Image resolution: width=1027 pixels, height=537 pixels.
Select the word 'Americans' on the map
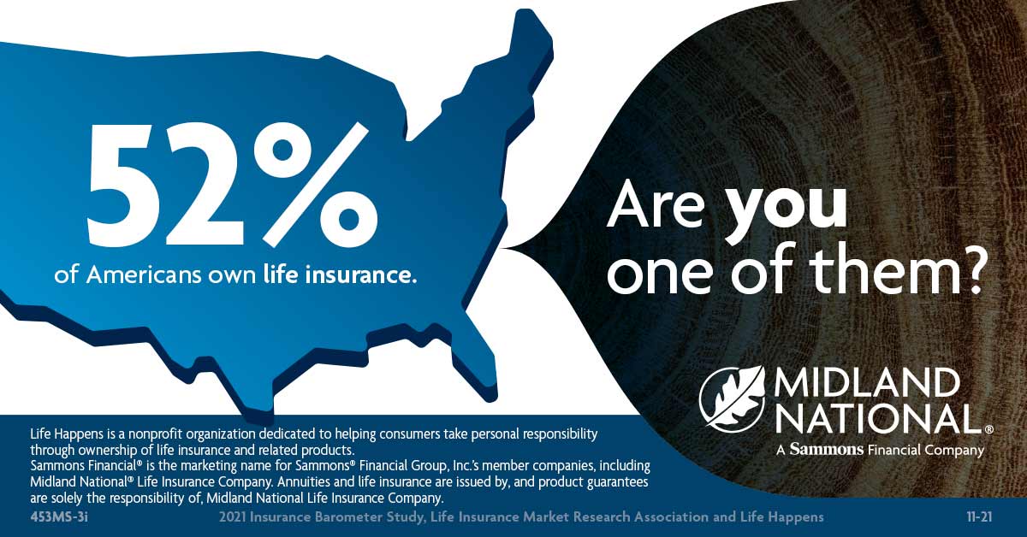pyautogui.click(x=144, y=275)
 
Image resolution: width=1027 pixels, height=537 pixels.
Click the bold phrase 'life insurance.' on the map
pyautogui.click(x=341, y=274)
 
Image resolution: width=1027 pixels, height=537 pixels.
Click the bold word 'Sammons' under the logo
pyautogui.click(x=826, y=450)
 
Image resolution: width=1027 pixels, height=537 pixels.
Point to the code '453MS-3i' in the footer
pyautogui.click(x=59, y=517)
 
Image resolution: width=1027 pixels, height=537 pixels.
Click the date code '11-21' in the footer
pyautogui.click(x=979, y=517)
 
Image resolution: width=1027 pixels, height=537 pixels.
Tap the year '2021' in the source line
pyautogui.click(x=233, y=517)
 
